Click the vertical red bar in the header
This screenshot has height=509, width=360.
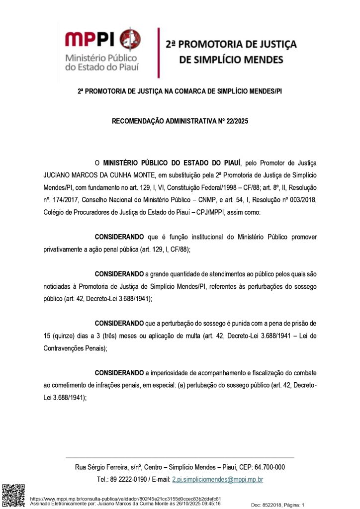click(x=158, y=53)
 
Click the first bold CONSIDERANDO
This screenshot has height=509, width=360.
click(x=119, y=237)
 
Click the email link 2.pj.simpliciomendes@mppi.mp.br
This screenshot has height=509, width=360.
click(x=217, y=480)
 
